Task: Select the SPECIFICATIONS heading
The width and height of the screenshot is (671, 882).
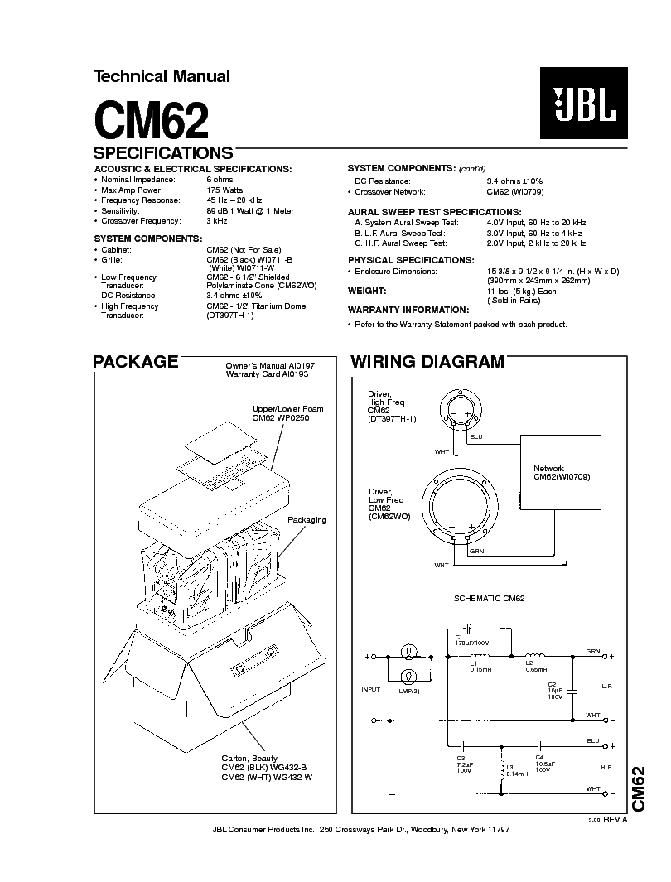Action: pyautogui.click(x=163, y=153)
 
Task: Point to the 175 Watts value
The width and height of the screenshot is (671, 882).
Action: pyautogui.click(x=224, y=190)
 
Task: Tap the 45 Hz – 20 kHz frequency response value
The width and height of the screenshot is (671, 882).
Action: pyautogui.click(x=234, y=200)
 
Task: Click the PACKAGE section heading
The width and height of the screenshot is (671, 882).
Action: pyautogui.click(x=135, y=362)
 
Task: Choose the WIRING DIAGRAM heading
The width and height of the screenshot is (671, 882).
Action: pyautogui.click(x=427, y=362)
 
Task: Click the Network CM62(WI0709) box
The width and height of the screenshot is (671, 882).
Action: pyautogui.click(x=561, y=473)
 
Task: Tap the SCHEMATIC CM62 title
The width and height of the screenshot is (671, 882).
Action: pyautogui.click(x=489, y=598)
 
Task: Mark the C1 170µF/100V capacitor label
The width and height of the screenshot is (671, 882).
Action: pyautogui.click(x=472, y=639)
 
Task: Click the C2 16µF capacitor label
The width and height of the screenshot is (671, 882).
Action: pyautogui.click(x=554, y=689)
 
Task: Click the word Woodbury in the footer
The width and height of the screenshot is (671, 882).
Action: pyautogui.click(x=413, y=829)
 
